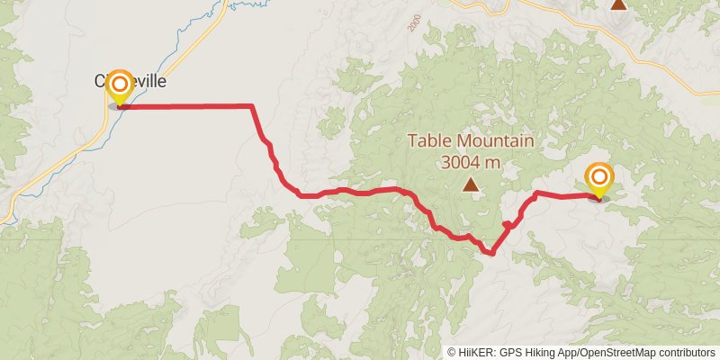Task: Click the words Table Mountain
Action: point(471,141)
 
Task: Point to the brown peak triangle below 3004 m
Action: point(470,185)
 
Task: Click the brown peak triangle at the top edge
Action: point(618,4)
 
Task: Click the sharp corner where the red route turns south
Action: point(251,106)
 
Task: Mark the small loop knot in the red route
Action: point(508,224)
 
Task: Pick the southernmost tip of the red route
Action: point(490,254)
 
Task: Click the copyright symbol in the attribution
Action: point(452,352)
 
